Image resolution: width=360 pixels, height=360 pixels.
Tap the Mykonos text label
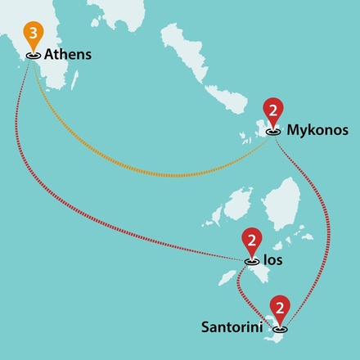click(317, 129)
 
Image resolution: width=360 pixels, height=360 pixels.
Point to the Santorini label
click(233, 327)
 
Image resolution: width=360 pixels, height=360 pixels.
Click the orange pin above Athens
click(32, 35)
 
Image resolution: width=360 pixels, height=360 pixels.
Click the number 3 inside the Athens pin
click(32, 34)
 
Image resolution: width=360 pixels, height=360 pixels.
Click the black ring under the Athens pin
click(33, 56)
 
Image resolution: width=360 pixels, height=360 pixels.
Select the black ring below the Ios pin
click(251, 260)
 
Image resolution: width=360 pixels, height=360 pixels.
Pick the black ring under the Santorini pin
click(281, 329)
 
